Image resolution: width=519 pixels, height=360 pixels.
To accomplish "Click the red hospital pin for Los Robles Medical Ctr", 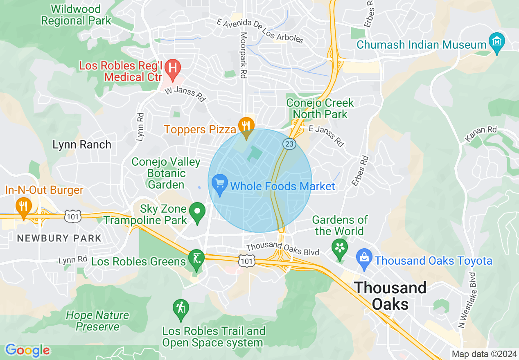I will (173, 67).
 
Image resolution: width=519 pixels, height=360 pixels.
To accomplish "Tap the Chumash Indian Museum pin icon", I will (497, 42).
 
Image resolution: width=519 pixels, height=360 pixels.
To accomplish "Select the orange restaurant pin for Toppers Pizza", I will (246, 125).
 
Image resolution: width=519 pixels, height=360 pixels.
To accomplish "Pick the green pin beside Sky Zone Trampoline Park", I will (198, 211).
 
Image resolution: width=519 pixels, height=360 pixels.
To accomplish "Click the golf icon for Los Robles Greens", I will (196, 259).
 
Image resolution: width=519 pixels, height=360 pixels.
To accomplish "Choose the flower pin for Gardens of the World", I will (340, 248).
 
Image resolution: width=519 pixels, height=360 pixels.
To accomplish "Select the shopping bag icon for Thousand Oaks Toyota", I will (364, 258).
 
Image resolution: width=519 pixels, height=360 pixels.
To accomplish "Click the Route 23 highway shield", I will (289, 144).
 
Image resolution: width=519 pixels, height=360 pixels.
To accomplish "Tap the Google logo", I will (27, 350).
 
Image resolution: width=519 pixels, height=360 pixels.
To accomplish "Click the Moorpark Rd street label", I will (244, 56).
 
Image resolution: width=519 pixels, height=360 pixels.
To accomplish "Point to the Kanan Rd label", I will (481, 135).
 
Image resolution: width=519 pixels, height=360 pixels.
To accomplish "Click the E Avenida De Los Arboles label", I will (260, 31).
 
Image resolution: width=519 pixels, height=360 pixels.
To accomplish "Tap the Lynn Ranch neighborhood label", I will (82, 144).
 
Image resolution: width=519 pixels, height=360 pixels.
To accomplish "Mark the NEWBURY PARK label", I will (59, 238).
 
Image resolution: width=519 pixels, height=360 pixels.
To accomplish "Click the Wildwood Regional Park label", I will (76, 15).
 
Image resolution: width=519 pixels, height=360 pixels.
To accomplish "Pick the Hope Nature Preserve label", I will (97, 321).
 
